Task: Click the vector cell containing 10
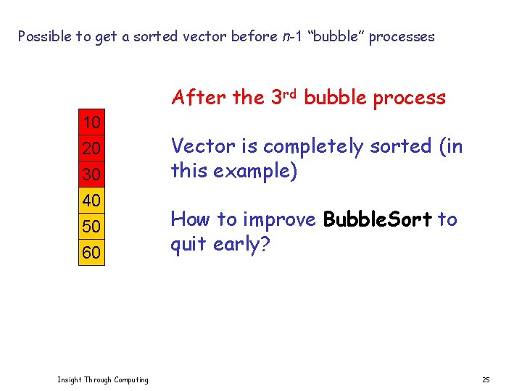click(91, 122)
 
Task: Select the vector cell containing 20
click(91, 148)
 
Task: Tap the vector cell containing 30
click(91, 175)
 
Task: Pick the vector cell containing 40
click(91, 201)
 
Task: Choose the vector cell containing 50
click(91, 227)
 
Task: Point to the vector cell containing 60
click(91, 253)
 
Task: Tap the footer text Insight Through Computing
click(103, 380)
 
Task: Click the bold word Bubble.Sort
click(377, 219)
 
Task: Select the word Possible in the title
click(44, 36)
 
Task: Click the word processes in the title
click(402, 37)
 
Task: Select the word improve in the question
click(280, 219)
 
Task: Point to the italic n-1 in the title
click(292, 36)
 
